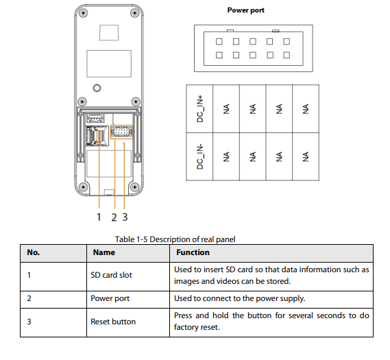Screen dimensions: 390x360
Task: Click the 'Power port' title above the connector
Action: (246, 10)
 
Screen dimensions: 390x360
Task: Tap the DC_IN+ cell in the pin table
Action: (199, 109)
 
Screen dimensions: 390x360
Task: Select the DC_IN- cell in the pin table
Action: (199, 156)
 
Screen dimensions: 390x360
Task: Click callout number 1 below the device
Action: (99, 217)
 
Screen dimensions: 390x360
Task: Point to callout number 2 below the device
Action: (114, 217)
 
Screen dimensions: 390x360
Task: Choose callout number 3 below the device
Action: (125, 217)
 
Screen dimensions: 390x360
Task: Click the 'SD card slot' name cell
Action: (111, 275)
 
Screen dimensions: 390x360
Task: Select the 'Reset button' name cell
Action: (113, 322)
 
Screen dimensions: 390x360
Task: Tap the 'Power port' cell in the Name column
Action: (110, 298)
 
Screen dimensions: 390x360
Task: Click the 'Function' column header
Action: (193, 252)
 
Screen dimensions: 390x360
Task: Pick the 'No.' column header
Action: (34, 252)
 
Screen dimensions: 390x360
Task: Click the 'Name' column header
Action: (104, 252)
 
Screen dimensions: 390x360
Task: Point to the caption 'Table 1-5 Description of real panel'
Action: (175, 239)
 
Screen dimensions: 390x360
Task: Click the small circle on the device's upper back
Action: (97, 88)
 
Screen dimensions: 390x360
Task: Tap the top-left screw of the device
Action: (83, 13)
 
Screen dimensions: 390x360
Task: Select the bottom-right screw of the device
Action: (135, 187)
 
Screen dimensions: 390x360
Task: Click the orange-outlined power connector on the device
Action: (121, 132)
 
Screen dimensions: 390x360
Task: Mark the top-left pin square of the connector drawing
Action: (219, 41)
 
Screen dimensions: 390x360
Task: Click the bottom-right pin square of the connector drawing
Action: (287, 55)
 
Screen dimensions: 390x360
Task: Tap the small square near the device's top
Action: (109, 32)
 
